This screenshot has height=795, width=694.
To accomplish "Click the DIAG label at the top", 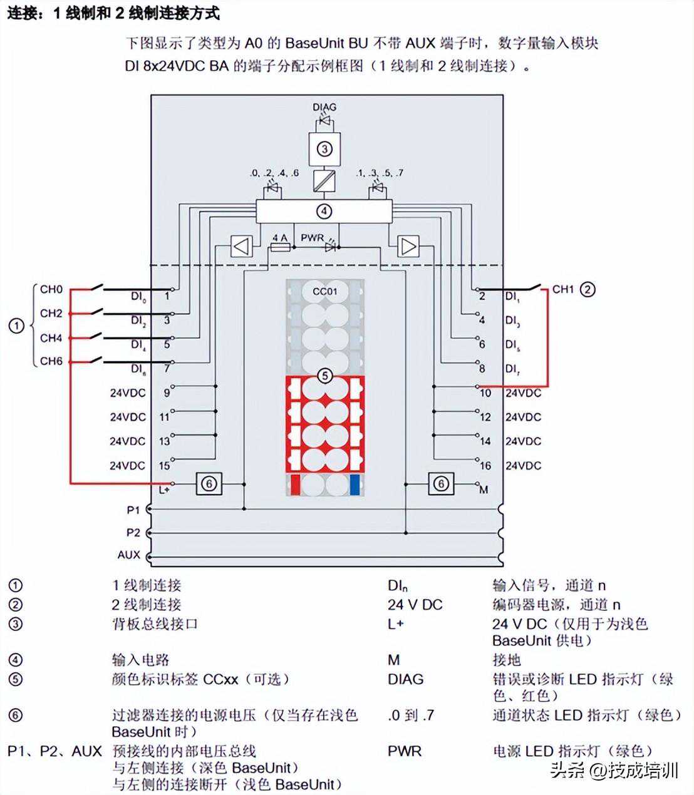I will tap(324, 107).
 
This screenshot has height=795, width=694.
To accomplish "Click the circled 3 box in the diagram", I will tap(324, 149).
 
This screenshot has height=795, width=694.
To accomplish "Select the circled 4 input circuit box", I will tap(324, 211).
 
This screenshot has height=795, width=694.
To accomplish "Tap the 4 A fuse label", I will tap(279, 238).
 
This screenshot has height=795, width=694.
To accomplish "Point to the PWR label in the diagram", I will tap(312, 238).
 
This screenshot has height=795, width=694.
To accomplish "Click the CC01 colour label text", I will tap(324, 291).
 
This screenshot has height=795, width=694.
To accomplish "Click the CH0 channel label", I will tap(51, 289).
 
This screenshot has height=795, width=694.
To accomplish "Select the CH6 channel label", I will tap(51, 361).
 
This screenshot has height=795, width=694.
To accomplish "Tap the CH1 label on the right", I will tap(562, 289).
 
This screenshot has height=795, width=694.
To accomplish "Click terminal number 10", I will tap(485, 393).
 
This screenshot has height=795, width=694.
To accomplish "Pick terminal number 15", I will tap(164, 466).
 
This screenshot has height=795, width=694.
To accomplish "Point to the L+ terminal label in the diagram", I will tap(163, 490).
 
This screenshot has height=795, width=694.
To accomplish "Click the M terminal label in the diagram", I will tap(484, 490).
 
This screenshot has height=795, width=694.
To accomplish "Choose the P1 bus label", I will tap(133, 510).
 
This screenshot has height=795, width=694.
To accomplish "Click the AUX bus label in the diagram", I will tap(128, 555).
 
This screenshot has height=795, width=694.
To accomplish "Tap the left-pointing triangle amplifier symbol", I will tap(241, 246).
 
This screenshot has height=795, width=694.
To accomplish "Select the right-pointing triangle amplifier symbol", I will tap(408, 246).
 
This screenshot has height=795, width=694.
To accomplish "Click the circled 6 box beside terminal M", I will tap(441, 484).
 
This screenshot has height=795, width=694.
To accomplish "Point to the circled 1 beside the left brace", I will tap(16, 326).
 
